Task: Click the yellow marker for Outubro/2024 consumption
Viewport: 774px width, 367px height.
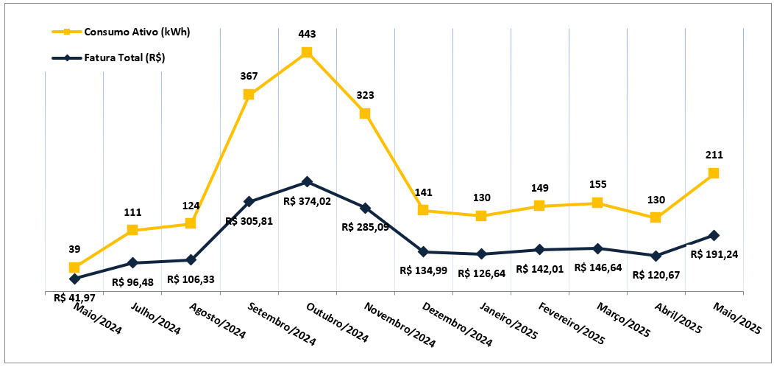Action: click(307, 52)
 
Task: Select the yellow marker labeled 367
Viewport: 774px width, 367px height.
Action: click(249, 94)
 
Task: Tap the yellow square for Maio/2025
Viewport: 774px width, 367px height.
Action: click(714, 173)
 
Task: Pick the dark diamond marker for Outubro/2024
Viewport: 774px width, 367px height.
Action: click(307, 182)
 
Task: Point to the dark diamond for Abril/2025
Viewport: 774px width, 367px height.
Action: click(656, 256)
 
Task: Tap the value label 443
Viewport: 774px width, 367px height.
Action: click(307, 34)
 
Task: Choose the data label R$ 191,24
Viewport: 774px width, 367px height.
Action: click(716, 254)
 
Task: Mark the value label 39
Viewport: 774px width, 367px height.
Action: click(74, 249)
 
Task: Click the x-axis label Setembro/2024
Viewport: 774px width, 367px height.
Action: click(281, 324)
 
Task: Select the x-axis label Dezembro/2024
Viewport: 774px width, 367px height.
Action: click(457, 324)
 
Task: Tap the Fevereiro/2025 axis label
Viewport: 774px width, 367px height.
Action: click(571, 324)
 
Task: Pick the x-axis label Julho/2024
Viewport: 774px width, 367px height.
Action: click(155, 318)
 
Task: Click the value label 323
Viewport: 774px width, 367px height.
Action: click(365, 96)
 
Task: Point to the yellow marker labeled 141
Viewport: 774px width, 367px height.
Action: click(423, 210)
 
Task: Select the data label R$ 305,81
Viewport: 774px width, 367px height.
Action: click(249, 220)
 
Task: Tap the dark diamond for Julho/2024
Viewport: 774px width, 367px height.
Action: click(132, 263)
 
